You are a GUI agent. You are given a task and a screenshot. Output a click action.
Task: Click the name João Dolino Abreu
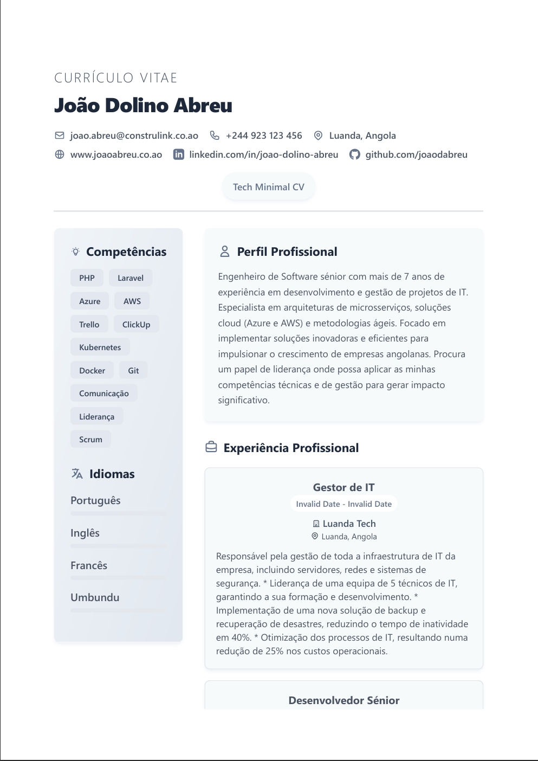point(143,105)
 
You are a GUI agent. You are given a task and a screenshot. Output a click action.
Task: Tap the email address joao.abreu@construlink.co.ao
point(134,136)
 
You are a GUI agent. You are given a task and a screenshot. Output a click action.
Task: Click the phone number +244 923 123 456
point(263,136)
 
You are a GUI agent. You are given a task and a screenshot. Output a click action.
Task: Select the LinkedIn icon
point(178,154)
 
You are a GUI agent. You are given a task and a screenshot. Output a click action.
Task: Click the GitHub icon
point(354,154)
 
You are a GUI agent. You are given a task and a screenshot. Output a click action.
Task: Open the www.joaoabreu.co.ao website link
point(116,154)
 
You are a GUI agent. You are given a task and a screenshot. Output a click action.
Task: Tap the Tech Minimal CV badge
point(268,187)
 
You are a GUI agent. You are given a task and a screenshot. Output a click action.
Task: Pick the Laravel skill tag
point(131,278)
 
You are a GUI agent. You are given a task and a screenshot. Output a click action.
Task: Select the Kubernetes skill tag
point(100,347)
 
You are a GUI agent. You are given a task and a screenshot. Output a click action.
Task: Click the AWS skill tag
point(132,301)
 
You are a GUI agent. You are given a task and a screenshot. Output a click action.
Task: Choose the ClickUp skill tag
point(136,325)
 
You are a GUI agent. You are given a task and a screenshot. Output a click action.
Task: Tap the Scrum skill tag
point(90,440)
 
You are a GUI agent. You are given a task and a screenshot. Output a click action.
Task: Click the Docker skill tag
point(92,371)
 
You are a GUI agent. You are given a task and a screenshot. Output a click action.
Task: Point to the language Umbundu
point(95,597)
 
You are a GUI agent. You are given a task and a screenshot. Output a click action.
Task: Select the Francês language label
point(89,565)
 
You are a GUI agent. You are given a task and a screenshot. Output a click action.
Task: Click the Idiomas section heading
point(112,474)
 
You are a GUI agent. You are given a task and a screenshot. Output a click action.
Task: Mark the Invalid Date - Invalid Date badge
point(343,504)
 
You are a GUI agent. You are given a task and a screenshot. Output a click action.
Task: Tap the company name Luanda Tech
point(349,524)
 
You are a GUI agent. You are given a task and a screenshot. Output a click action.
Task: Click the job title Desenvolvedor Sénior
point(343,700)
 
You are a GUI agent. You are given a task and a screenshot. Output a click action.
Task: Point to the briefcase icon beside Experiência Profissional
point(211,448)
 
